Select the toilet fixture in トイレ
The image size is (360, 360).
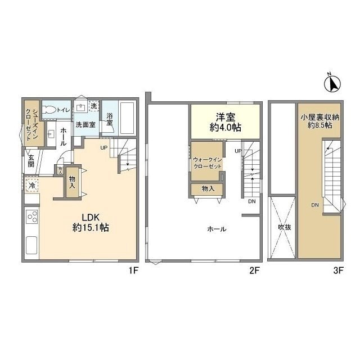click(49, 110)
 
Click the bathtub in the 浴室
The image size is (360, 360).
click(127, 118)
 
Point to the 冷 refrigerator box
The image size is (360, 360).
click(32, 185)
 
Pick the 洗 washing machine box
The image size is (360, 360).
click(94, 106)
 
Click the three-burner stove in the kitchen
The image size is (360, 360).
click(32, 217)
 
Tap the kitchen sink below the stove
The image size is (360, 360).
click(31, 245)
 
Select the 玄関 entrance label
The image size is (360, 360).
click(31, 161)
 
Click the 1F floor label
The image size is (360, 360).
click(133, 271)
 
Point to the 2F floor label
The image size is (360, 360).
click(254, 271)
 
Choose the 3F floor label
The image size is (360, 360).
click(338, 271)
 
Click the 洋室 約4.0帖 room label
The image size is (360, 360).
click(226, 123)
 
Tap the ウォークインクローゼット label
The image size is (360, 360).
click(208, 163)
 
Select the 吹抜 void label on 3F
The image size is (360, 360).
click(285, 227)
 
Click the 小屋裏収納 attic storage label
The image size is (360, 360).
click(320, 118)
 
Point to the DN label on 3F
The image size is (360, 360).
click(315, 205)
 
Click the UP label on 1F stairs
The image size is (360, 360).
click(103, 148)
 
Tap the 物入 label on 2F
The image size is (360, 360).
click(208, 189)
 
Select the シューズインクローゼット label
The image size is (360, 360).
click(32, 125)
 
